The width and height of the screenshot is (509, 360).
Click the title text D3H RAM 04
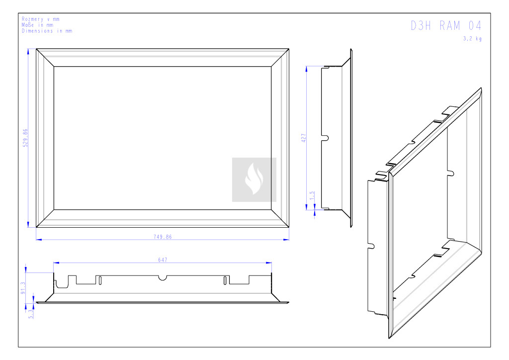click(446, 26)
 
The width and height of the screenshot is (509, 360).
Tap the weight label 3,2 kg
click(472, 39)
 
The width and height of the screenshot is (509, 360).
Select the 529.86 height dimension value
click(25, 138)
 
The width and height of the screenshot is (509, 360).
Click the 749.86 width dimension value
click(163, 237)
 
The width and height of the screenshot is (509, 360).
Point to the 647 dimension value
click(163, 260)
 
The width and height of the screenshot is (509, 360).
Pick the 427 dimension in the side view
click(304, 138)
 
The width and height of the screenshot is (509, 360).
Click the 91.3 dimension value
click(23, 288)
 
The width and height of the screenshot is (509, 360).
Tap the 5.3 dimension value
click(31, 314)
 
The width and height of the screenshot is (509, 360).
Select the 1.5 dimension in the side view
click(312, 195)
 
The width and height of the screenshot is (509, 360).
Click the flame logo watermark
click(254, 180)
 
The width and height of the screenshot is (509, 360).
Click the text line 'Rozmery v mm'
click(41, 19)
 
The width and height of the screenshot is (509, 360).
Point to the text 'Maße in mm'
click(37, 25)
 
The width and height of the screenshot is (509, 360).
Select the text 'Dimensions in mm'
click(47, 31)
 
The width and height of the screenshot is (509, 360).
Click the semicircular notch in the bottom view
click(163, 278)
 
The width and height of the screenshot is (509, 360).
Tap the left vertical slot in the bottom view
click(100, 280)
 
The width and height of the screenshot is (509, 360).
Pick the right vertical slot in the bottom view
click(225, 280)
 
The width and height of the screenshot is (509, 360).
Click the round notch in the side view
click(326, 138)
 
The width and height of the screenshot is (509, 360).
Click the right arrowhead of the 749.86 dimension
click(286, 240)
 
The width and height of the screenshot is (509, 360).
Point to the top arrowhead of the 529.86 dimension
click(28, 52)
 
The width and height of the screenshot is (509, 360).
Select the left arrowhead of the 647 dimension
click(57, 263)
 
